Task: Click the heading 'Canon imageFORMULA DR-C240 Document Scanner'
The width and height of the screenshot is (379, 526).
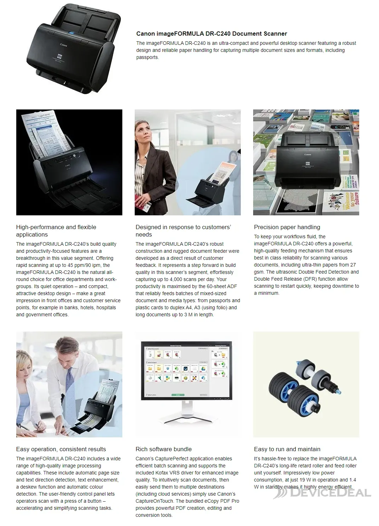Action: tap(211, 34)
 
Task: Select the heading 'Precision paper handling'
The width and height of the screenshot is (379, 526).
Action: tap(287, 227)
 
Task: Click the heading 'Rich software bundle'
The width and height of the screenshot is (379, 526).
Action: tap(163, 449)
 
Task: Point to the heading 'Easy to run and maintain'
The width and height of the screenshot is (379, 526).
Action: tap(287, 449)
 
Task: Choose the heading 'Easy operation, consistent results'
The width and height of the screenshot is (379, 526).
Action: tap(61, 449)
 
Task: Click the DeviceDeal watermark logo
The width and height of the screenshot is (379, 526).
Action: tap(322, 493)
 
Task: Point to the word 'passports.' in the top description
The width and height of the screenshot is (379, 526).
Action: tap(147, 57)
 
